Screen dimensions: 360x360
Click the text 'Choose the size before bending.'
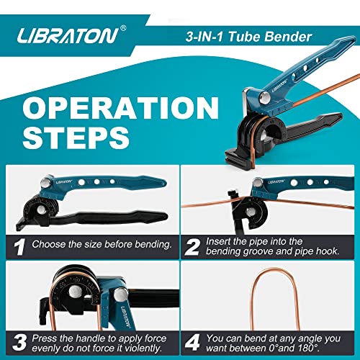pos(102,243)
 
